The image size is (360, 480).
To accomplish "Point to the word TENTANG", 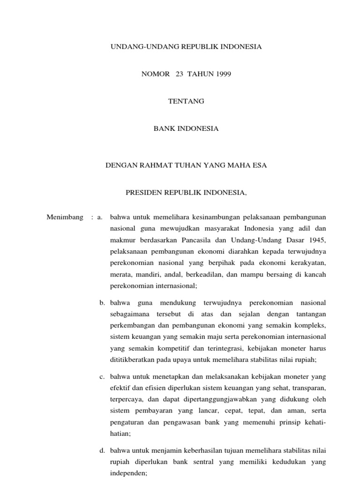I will pos(186,101).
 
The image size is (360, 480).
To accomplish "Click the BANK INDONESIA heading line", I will pos(186,128).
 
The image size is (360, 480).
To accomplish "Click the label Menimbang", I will pos(65,217).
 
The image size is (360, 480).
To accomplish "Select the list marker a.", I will pos(100,217).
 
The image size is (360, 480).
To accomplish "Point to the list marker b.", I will pos(102,303).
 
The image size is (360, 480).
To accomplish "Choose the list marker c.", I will pos(102,376).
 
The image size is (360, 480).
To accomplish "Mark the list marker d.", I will pos(102,450).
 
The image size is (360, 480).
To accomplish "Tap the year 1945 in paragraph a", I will pos(316,240).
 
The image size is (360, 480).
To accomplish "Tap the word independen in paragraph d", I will pos(128,473).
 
